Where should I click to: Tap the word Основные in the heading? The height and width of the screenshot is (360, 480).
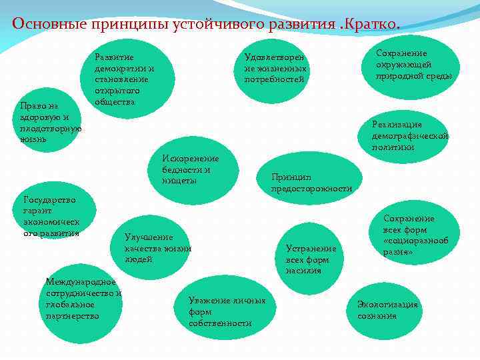pos(43,25)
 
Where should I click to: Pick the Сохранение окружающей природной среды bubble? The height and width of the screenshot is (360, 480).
pos(414,65)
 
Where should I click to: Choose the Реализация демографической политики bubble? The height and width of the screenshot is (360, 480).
pos(411,136)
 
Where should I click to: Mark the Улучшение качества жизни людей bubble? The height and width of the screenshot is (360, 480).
pos(158,247)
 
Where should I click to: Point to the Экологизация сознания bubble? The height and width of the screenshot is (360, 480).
pos(387,310)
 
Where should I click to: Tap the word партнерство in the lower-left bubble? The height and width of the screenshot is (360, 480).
pos(72,315)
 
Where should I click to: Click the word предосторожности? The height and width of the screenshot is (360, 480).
pos(311,189)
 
